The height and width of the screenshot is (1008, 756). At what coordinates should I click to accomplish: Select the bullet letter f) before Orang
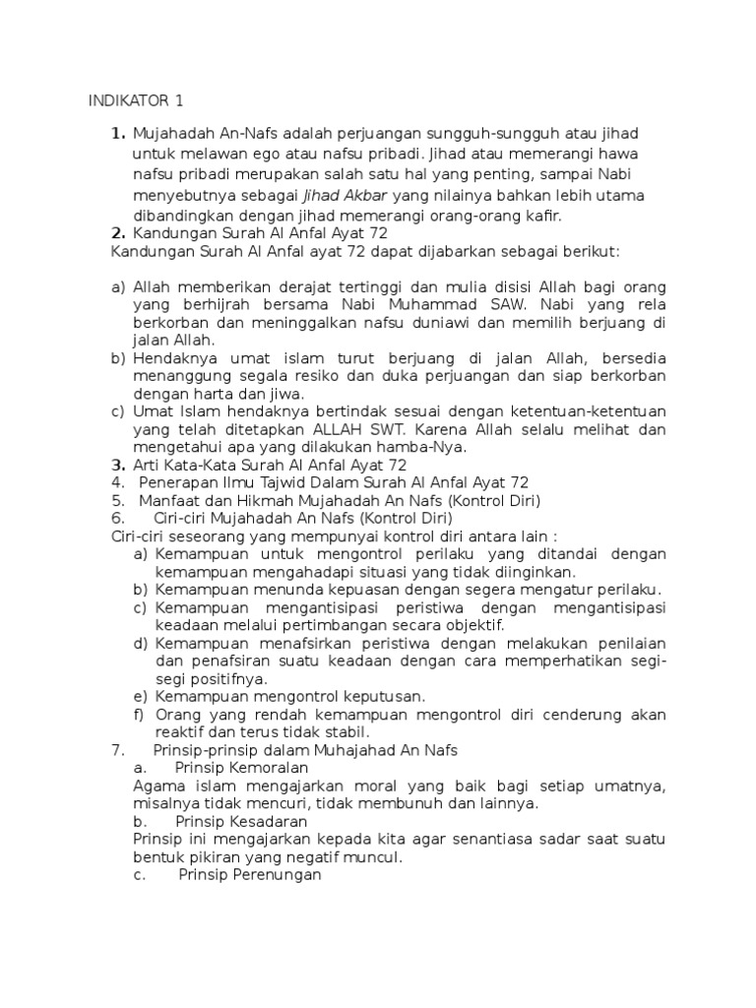(x=141, y=714)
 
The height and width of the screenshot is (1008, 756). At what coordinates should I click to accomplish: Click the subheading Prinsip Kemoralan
(x=241, y=767)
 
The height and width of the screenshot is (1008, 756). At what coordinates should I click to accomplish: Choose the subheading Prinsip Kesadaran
(x=241, y=820)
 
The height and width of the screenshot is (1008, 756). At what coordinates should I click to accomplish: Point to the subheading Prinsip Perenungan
(x=250, y=874)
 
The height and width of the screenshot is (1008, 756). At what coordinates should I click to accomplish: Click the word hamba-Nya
(x=437, y=446)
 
